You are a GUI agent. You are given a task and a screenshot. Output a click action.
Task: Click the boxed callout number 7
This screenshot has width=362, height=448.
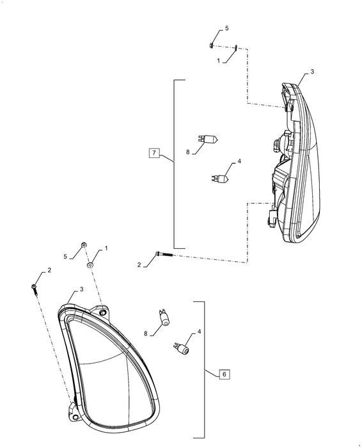tap(154, 152)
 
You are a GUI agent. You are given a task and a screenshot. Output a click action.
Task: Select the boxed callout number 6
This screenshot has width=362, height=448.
tap(224, 374)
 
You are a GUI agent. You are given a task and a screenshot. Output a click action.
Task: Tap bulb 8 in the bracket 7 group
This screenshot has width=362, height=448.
tap(209, 140)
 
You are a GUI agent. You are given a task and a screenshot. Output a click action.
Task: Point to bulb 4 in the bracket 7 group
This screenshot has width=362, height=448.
tap(221, 179)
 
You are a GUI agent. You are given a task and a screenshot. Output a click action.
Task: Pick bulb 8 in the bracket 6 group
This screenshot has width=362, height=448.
tap(164, 317)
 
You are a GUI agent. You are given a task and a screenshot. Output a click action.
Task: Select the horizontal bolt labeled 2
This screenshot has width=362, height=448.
tap(164, 254)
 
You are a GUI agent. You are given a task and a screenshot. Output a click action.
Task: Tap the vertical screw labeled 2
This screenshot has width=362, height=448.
tap(35, 291)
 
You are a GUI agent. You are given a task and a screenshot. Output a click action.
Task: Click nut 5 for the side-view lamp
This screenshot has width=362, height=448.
tap(210, 45)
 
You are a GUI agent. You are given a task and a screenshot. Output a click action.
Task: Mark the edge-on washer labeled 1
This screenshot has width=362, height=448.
tap(236, 47)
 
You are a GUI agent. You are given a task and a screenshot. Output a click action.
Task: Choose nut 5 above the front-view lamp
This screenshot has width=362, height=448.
tap(84, 245)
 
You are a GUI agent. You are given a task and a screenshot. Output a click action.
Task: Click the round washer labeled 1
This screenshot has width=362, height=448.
tap(90, 265)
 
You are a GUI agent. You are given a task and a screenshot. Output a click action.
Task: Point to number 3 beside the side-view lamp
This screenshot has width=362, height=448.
tap(312, 72)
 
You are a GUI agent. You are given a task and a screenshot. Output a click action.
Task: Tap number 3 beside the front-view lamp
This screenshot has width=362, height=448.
tap(81, 289)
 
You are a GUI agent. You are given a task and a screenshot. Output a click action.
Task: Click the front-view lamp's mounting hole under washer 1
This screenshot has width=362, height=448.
tap(102, 312)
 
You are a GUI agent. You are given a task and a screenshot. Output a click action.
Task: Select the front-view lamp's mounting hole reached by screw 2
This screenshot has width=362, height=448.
tap(75, 418)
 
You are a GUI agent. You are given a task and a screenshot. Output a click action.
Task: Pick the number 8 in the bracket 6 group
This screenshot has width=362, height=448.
tap(146, 333)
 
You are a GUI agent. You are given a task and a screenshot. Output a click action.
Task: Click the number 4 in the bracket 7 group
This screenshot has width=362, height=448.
tap(239, 161)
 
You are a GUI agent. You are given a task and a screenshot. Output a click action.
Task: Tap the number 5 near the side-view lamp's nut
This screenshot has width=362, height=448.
tap(227, 28)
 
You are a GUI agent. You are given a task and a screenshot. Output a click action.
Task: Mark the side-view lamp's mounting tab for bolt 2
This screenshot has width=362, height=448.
tap(271, 217)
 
